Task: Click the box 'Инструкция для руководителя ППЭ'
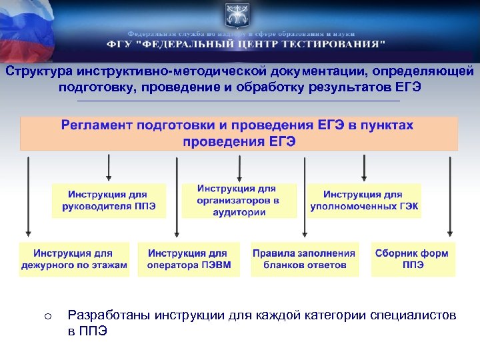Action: (109, 201)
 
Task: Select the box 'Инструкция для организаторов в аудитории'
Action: (239, 201)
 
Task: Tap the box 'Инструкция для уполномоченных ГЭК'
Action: (364, 201)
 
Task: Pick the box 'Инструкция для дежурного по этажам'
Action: (74, 259)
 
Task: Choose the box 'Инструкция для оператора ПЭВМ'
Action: (187, 259)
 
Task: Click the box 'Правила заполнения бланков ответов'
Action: (304, 259)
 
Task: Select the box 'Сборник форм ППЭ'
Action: (413, 259)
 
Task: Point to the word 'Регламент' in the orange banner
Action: (98, 125)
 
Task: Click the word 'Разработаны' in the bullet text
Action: (110, 315)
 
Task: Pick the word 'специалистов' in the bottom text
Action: (413, 315)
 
